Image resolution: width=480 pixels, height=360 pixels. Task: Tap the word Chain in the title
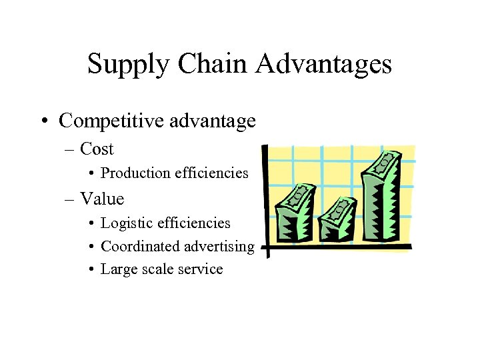(206, 64)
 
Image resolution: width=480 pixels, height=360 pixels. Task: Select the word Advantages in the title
(323, 65)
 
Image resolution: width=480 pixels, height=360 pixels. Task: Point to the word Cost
(97, 149)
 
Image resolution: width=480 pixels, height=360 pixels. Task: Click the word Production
(135, 173)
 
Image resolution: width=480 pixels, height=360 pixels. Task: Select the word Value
(102, 199)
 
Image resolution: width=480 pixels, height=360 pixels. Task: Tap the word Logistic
(125, 223)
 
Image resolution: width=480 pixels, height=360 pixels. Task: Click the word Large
(117, 270)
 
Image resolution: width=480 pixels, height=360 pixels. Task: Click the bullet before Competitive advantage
(43, 121)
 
